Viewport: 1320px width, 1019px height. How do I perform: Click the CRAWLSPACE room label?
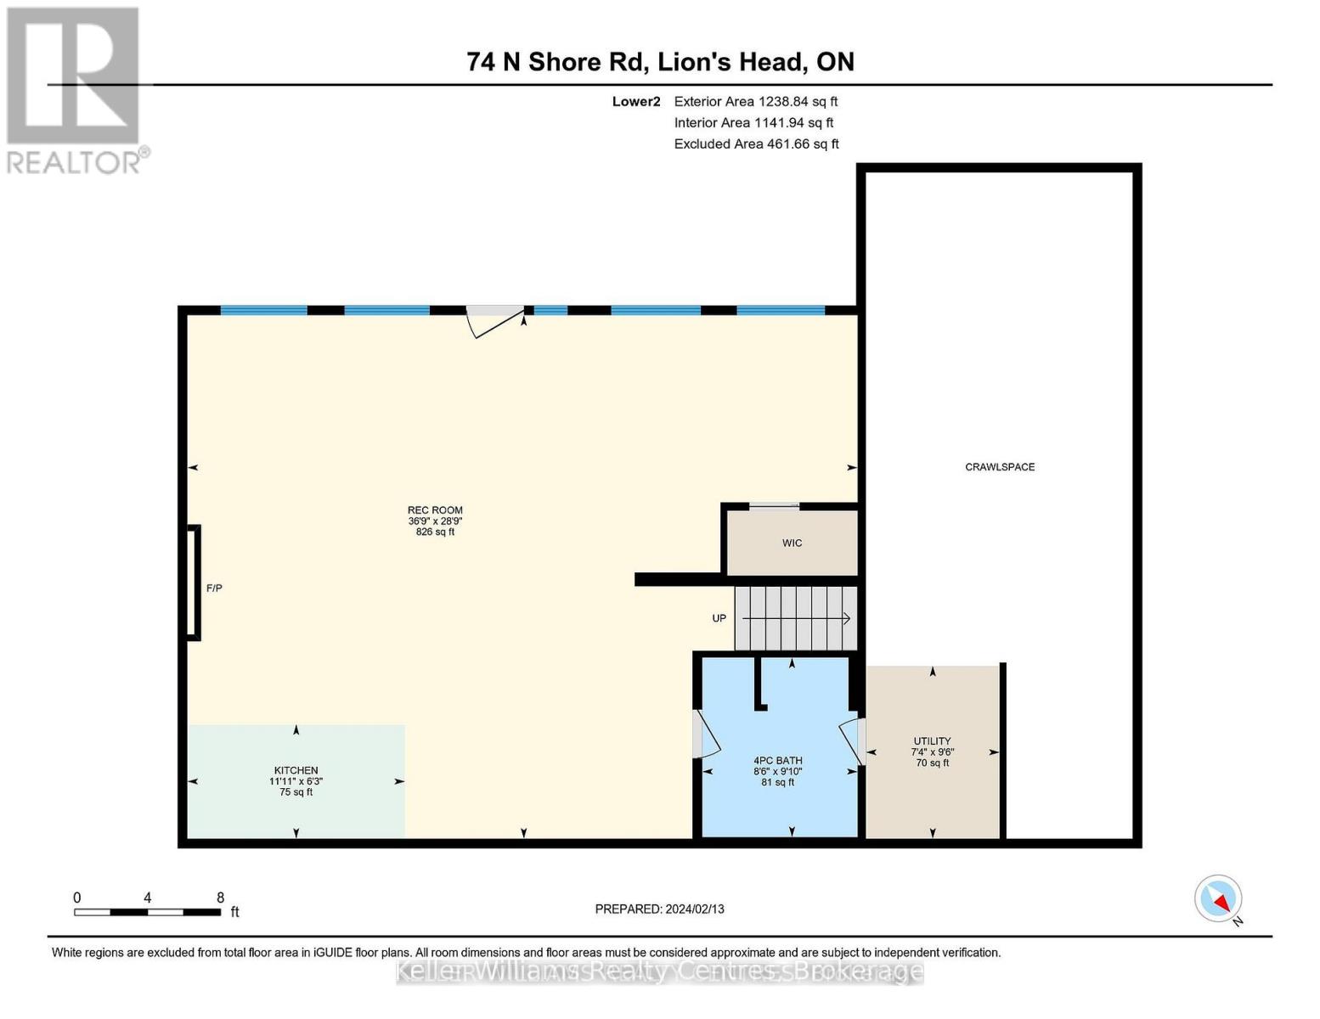click(x=999, y=467)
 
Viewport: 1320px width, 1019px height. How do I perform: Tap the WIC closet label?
click(x=792, y=543)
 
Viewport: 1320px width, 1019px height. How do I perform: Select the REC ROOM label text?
click(x=435, y=511)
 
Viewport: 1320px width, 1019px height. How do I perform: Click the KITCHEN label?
click(x=296, y=770)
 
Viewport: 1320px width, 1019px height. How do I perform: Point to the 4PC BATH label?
click(x=777, y=761)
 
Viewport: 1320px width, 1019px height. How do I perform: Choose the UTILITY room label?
click(x=932, y=741)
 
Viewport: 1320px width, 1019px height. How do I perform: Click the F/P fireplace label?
click(x=214, y=588)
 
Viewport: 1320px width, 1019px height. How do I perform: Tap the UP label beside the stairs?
click(x=719, y=618)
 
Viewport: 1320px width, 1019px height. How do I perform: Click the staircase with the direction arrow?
click(x=796, y=618)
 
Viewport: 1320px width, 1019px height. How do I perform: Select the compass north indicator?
click(x=1219, y=898)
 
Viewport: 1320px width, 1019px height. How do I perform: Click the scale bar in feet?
click(x=148, y=912)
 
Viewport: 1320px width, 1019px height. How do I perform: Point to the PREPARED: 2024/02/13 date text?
click(x=659, y=909)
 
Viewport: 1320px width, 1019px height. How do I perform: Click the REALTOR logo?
click(x=75, y=89)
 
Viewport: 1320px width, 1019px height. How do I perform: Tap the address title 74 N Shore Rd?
click(x=660, y=62)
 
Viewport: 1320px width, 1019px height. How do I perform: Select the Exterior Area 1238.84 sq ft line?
click(x=755, y=101)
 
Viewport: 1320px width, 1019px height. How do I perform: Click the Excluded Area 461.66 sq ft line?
click(x=756, y=144)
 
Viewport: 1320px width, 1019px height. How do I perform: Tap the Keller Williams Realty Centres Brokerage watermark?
click(x=659, y=971)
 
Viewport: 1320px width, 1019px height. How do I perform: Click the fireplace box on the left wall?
click(x=194, y=583)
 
